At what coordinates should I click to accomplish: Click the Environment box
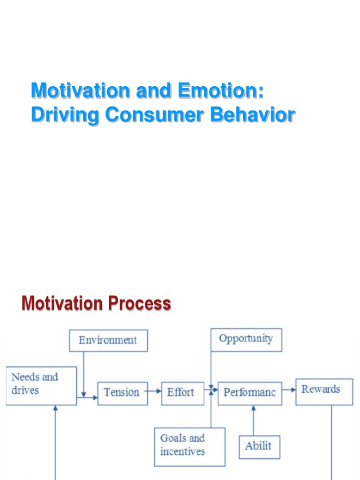[x=108, y=340]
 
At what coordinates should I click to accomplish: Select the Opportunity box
[x=246, y=340]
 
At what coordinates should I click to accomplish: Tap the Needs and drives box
[x=41, y=385]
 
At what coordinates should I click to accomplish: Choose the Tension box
[x=122, y=393]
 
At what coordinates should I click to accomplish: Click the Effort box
[x=182, y=393]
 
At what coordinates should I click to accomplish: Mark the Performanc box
[x=249, y=393]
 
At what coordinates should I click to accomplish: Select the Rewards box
[x=324, y=391]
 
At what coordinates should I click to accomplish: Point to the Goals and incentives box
[x=189, y=446]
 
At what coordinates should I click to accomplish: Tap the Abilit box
[x=259, y=447]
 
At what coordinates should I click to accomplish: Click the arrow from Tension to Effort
[x=154, y=391]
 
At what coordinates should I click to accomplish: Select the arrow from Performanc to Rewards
[x=289, y=390]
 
